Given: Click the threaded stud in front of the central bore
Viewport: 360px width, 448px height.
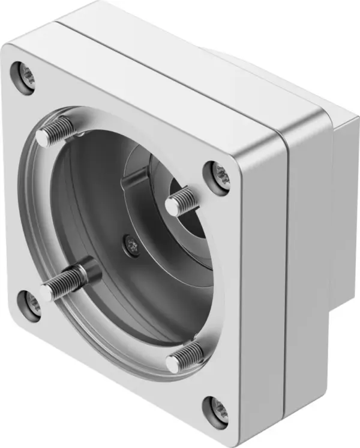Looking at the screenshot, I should [x=181, y=201].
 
